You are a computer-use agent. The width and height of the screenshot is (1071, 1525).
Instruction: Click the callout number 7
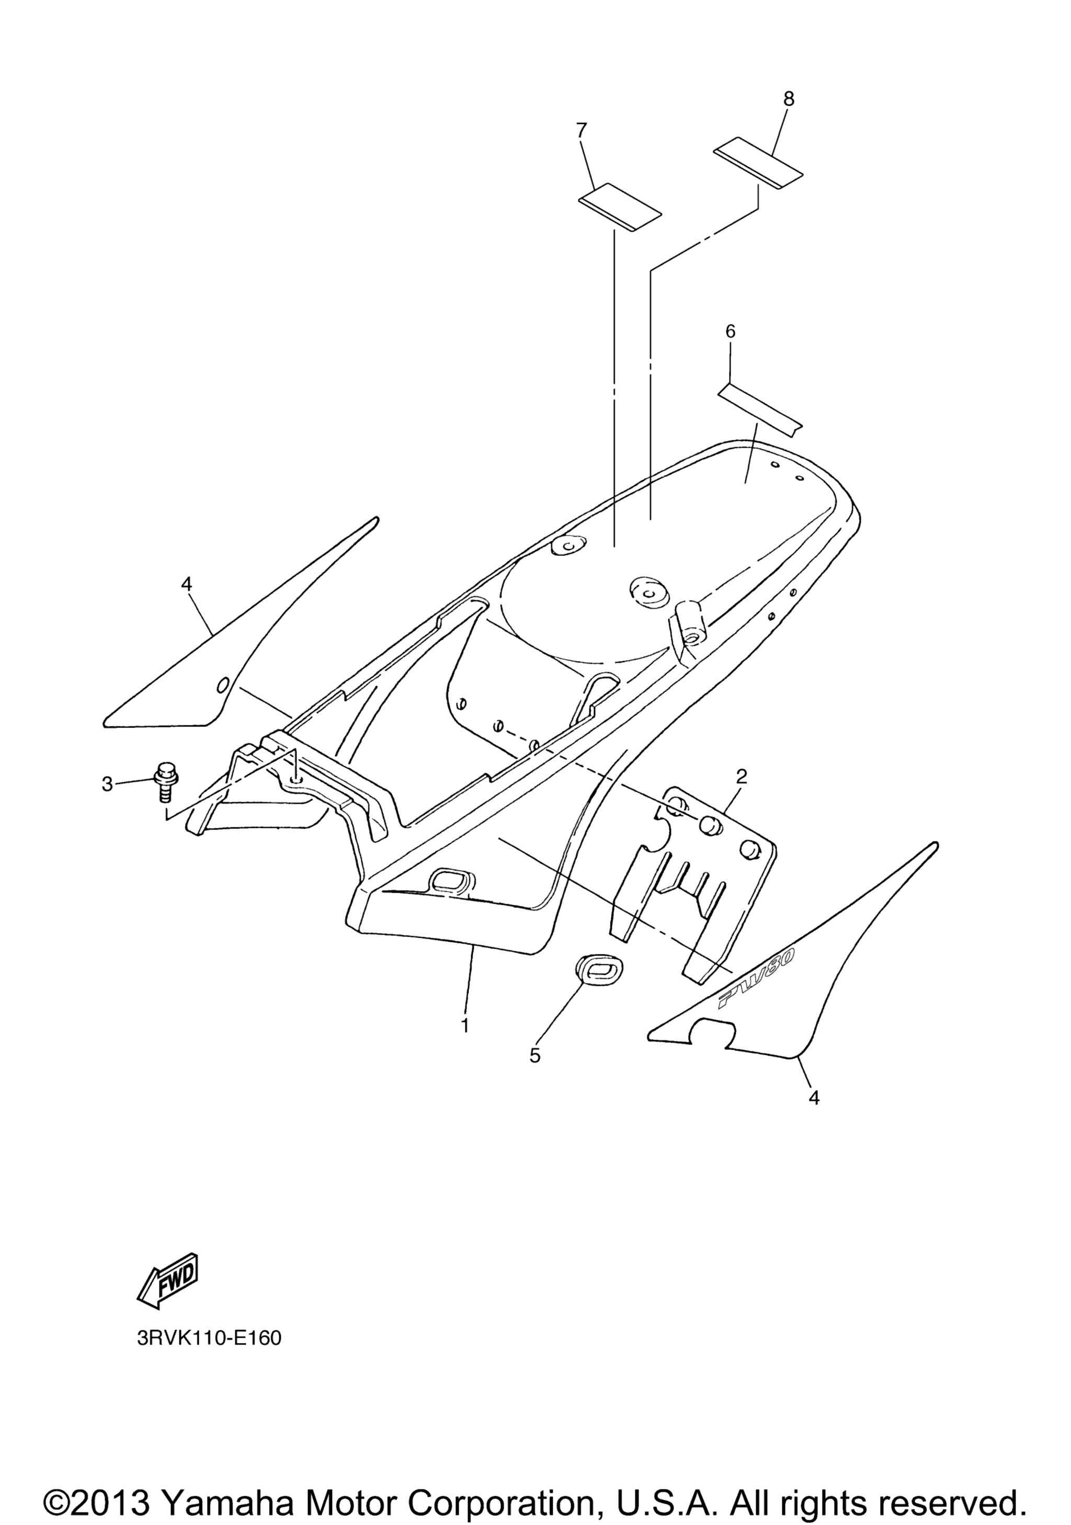(x=582, y=131)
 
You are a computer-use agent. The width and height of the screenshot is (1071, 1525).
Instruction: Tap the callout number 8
(x=788, y=99)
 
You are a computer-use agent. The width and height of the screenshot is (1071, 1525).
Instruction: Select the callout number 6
(x=731, y=332)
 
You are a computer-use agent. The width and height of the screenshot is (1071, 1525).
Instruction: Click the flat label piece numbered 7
(x=620, y=207)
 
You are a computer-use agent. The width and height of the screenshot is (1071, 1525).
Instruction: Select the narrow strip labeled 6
(x=760, y=410)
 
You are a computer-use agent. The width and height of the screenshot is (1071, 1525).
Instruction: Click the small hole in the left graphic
(x=223, y=684)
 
